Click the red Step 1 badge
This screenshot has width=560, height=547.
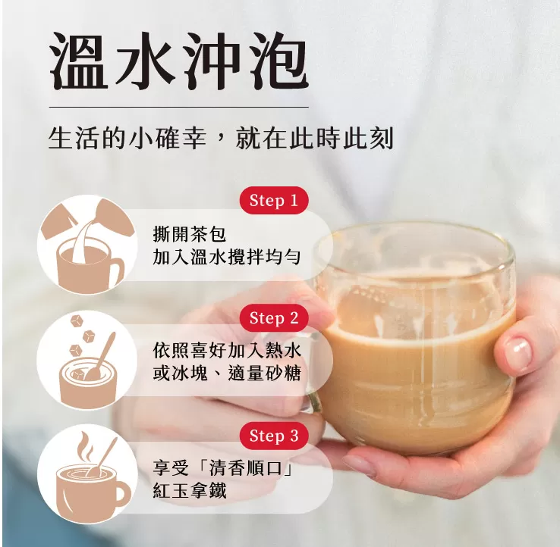(274, 201)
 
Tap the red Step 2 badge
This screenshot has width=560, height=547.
(274, 318)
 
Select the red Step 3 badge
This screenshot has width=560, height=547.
(274, 436)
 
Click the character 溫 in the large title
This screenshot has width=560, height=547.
(79, 61)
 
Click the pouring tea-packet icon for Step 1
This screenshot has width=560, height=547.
(87, 245)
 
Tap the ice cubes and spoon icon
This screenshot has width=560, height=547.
(87, 361)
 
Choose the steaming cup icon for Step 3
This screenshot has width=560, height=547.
(87, 475)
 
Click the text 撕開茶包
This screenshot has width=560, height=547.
(189, 234)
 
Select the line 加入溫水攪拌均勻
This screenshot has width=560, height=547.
(227, 257)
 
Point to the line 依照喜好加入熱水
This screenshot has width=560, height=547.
(227, 351)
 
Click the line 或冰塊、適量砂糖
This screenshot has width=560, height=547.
(227, 373)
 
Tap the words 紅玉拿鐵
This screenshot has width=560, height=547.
(189, 490)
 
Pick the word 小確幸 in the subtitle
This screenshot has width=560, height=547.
(168, 138)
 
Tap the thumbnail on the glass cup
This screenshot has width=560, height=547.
(518, 350)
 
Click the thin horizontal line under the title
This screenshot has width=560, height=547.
(179, 107)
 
